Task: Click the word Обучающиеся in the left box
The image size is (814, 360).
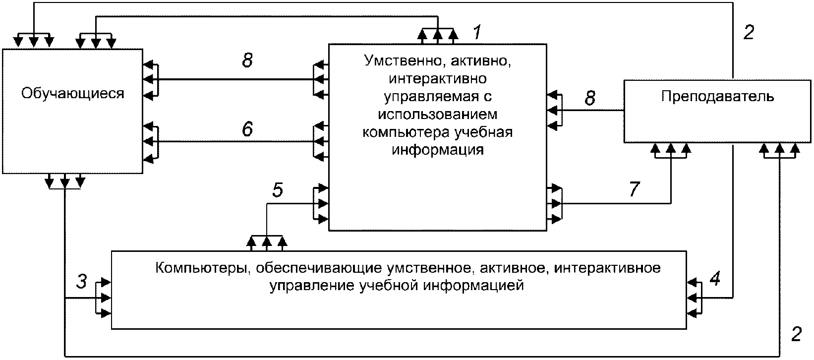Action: click(x=73, y=94)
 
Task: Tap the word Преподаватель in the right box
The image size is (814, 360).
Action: click(x=717, y=97)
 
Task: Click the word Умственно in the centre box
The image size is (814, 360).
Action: click(x=404, y=60)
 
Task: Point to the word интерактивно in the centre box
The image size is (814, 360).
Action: click(x=438, y=78)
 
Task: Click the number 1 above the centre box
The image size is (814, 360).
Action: click(x=477, y=32)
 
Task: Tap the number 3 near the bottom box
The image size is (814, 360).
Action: click(x=82, y=282)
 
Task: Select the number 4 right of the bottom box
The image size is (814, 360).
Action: click(x=715, y=279)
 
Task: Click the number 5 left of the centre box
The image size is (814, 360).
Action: click(x=278, y=190)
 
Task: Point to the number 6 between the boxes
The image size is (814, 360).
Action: click(x=247, y=129)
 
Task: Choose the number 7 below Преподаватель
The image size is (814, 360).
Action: click(x=634, y=189)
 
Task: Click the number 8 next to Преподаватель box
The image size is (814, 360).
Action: click(x=590, y=98)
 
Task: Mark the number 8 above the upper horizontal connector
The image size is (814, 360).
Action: click(x=247, y=60)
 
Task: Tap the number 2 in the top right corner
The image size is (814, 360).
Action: click(x=749, y=32)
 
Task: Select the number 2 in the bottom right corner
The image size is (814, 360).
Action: click(x=796, y=334)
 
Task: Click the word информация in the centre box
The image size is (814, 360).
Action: click(x=438, y=150)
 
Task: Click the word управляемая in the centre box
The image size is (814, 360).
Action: click(x=431, y=96)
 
